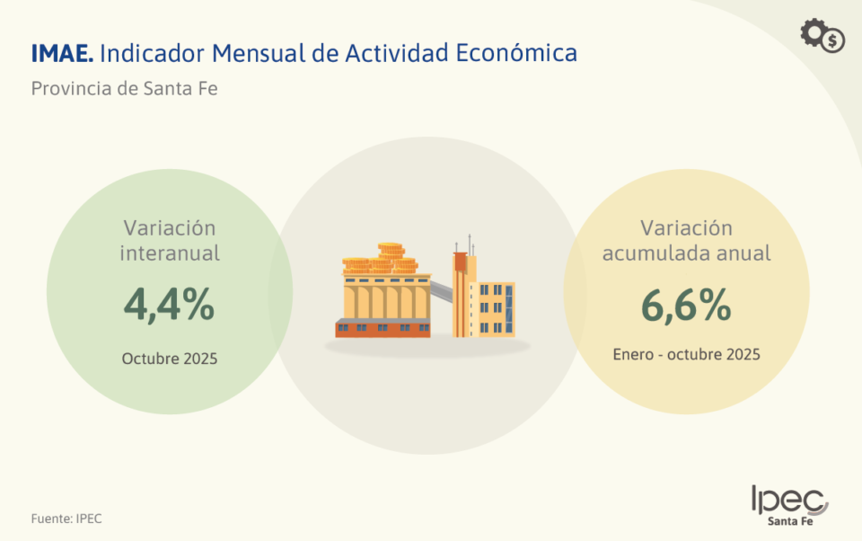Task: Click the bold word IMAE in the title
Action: pyautogui.click(x=61, y=53)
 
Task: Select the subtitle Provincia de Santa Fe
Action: pyautogui.click(x=125, y=89)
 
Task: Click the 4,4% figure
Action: pyautogui.click(x=169, y=306)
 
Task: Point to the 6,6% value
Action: pyautogui.click(x=686, y=306)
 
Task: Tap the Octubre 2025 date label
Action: pyautogui.click(x=170, y=359)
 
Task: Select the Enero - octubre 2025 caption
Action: pyautogui.click(x=686, y=354)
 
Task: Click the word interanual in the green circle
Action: pyautogui.click(x=170, y=253)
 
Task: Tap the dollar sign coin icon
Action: pyautogui.click(x=834, y=41)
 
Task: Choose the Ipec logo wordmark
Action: pyautogui.click(x=788, y=500)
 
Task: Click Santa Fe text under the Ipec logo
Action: pyautogui.click(x=790, y=521)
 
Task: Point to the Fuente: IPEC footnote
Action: pyautogui.click(x=66, y=519)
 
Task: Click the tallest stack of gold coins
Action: pyautogui.click(x=390, y=253)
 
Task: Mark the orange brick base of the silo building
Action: pyautogui.click(x=383, y=329)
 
